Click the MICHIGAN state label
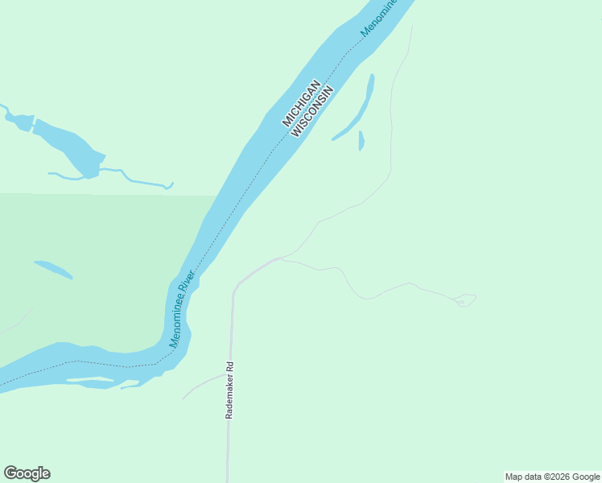(x=302, y=103)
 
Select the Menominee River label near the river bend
(x=183, y=309)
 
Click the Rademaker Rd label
(x=229, y=390)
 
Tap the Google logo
(x=27, y=473)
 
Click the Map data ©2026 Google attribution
(x=552, y=477)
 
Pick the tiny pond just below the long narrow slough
(x=361, y=141)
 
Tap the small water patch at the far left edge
(x=18, y=121)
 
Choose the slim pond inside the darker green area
(x=52, y=269)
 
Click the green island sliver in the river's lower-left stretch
(x=90, y=379)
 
